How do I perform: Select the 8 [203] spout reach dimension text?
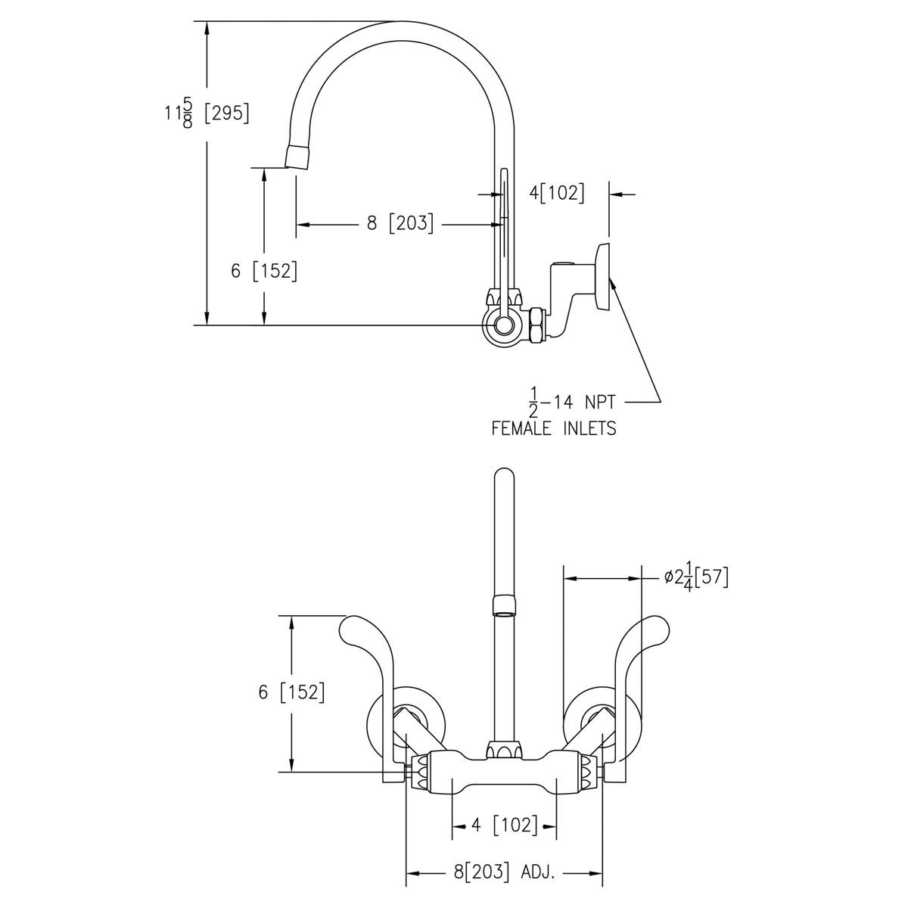(400, 223)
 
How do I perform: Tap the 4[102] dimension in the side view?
(557, 193)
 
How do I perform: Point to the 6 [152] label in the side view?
(264, 271)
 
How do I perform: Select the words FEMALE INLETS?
(554, 428)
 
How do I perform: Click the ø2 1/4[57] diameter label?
(695, 578)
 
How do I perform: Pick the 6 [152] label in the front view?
(291, 692)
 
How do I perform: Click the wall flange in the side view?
(604, 276)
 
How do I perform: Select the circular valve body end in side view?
(502, 327)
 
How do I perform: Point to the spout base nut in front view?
(503, 750)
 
